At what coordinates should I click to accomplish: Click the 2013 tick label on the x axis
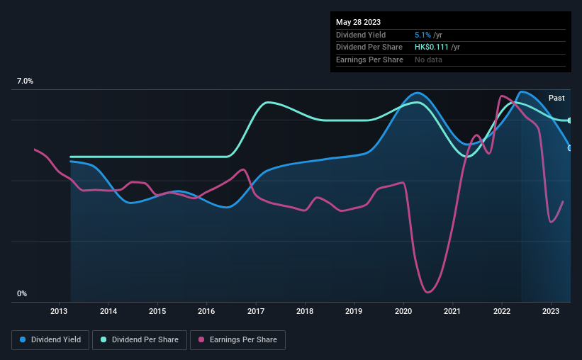click(x=59, y=311)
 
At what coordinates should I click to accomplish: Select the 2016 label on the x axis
click(x=206, y=311)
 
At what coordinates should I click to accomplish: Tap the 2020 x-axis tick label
click(x=403, y=311)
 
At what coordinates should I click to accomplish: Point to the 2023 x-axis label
click(x=551, y=311)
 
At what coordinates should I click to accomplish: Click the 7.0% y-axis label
click(x=25, y=81)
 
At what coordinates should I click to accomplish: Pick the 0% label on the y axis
click(x=21, y=293)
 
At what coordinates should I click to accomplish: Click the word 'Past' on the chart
click(x=556, y=98)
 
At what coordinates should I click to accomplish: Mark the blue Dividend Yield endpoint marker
click(x=570, y=147)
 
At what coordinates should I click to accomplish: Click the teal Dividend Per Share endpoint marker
click(x=570, y=120)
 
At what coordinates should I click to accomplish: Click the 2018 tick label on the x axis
click(x=305, y=311)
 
